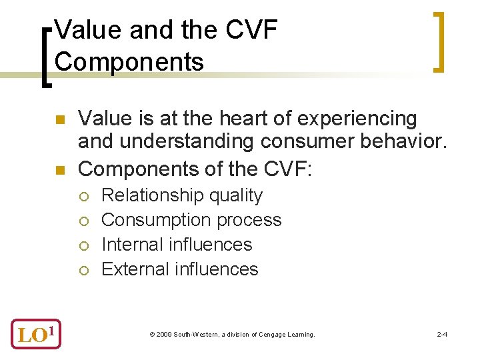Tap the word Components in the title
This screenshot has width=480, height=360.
129,61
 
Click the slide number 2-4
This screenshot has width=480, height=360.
441,334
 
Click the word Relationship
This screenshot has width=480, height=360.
152,196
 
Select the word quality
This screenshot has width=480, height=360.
236,196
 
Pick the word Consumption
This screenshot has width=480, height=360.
153,221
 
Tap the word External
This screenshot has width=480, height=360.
134,269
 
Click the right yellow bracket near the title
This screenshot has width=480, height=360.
437,41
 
